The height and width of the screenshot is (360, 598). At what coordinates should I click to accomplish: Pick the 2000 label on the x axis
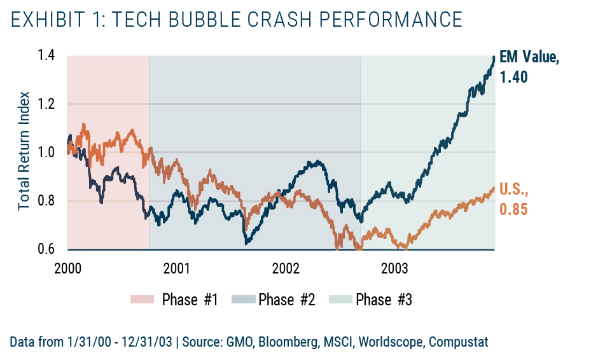[x=67, y=268]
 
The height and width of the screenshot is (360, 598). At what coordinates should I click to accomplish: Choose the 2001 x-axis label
[x=176, y=268]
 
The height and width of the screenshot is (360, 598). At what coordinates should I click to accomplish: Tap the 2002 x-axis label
[x=286, y=268]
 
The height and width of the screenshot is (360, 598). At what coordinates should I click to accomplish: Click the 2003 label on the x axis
[x=395, y=268]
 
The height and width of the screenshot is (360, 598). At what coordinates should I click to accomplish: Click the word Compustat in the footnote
[x=458, y=342]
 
